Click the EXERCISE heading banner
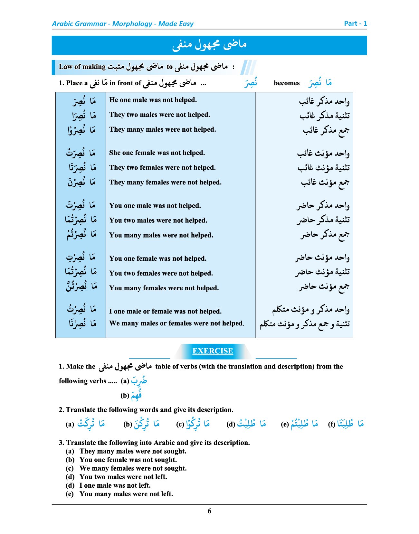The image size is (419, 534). click(213, 351)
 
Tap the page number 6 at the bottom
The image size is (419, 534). click(209, 511)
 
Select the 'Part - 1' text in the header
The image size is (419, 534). click(355, 23)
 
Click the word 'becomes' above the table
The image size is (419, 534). click(286, 83)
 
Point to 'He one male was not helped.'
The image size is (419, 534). click(153, 100)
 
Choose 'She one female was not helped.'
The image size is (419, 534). click(157, 153)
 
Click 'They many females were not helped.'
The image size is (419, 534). click(165, 183)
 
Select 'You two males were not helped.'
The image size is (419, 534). click(158, 220)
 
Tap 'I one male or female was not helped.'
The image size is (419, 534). click(165, 312)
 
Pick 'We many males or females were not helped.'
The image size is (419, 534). click(176, 323)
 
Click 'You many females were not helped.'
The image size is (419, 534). click(164, 288)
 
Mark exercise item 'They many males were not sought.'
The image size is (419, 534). click(133, 451)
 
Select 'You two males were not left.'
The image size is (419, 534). click(123, 477)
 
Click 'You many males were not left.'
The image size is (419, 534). click(126, 494)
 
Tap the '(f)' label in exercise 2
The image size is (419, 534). click(332, 424)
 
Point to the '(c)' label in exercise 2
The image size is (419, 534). click(180, 424)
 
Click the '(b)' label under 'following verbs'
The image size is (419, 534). click(125, 395)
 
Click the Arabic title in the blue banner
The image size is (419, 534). click(209, 45)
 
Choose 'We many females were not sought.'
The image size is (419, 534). click(133, 468)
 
